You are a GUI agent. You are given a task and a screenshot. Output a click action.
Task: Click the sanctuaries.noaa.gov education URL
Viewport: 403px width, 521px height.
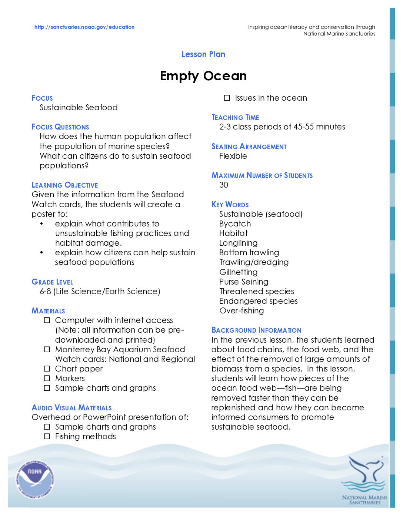[x=84, y=27]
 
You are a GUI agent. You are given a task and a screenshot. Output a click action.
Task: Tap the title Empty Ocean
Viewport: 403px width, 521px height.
[x=203, y=76]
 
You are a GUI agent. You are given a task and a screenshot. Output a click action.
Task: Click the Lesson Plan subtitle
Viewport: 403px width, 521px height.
[x=203, y=54]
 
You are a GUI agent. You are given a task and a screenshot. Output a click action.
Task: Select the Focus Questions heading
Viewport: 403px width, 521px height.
[x=60, y=127]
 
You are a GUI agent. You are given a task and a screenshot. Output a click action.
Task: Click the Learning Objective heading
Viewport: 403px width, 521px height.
[x=65, y=185]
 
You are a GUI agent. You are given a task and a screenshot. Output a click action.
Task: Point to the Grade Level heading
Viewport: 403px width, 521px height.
[x=52, y=282]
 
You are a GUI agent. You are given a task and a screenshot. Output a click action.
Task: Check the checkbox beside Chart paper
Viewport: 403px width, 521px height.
[x=47, y=369]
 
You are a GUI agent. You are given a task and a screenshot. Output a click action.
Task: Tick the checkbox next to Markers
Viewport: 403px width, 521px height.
[x=47, y=379]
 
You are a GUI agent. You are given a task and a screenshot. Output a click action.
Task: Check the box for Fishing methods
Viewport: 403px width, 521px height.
[x=47, y=437]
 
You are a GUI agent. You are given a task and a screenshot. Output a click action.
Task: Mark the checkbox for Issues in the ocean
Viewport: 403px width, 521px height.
[x=227, y=98]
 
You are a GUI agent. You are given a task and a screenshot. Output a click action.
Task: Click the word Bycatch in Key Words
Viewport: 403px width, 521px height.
[x=235, y=224]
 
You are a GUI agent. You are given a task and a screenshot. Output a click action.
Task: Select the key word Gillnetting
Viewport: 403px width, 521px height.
[x=238, y=272]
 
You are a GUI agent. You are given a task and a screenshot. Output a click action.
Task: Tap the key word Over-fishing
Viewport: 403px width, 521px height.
[x=242, y=311]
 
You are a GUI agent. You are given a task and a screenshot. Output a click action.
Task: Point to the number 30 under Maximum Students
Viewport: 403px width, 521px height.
[x=224, y=185]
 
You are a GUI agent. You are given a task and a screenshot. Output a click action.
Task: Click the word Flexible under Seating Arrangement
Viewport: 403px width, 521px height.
[x=233, y=156]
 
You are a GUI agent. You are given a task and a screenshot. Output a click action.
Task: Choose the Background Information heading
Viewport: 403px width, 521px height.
[x=256, y=330]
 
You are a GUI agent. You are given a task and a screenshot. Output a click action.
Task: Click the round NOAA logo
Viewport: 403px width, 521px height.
[x=35, y=479]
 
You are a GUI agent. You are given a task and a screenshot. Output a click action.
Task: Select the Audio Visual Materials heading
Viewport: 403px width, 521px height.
[x=71, y=408]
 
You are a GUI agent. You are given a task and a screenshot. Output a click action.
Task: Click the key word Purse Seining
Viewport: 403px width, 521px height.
[x=244, y=282]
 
